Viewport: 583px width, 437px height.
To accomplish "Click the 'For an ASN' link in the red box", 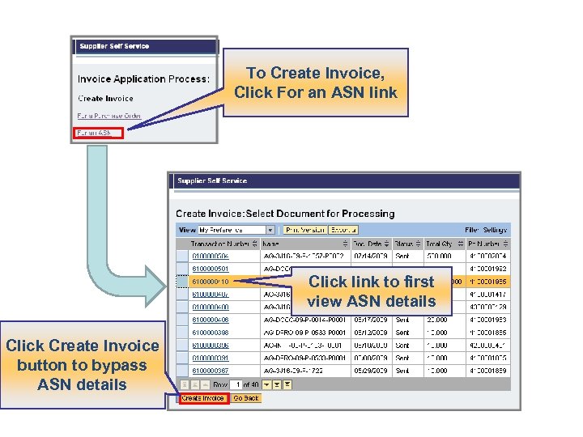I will (x=96, y=132).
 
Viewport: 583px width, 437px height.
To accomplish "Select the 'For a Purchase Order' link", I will (x=109, y=116).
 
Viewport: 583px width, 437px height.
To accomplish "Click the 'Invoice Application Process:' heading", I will (x=143, y=79).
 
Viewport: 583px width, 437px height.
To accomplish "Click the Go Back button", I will (x=246, y=398).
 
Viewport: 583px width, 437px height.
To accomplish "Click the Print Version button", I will (x=305, y=231).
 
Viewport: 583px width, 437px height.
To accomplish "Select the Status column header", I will (x=402, y=244).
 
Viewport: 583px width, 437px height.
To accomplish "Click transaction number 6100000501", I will (x=210, y=269).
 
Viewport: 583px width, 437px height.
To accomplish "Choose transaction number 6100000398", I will (x=210, y=333).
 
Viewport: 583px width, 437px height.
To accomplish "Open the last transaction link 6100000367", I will (x=210, y=371).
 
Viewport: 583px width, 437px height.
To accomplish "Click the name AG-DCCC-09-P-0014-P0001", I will (x=304, y=320).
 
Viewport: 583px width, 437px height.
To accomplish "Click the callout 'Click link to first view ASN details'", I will (x=371, y=291).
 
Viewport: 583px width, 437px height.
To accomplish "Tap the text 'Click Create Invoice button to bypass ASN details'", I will (x=82, y=365).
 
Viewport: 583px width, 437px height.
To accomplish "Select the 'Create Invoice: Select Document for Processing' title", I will (x=285, y=214).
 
